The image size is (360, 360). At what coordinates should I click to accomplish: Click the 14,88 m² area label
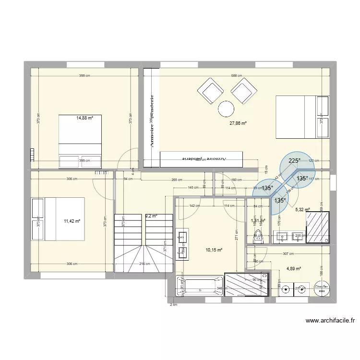[x=84, y=118]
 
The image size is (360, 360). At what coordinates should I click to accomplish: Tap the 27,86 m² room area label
[x=238, y=123]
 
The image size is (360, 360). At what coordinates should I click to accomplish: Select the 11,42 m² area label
[x=72, y=221]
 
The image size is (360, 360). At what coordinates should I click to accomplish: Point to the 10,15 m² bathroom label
[x=214, y=250]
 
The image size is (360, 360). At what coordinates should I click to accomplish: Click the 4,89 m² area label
[x=294, y=269]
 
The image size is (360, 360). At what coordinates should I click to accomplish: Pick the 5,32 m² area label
[x=302, y=210]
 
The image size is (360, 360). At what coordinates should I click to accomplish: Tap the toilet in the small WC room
[x=257, y=236]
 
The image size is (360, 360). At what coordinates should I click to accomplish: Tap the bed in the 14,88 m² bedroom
[x=80, y=141]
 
